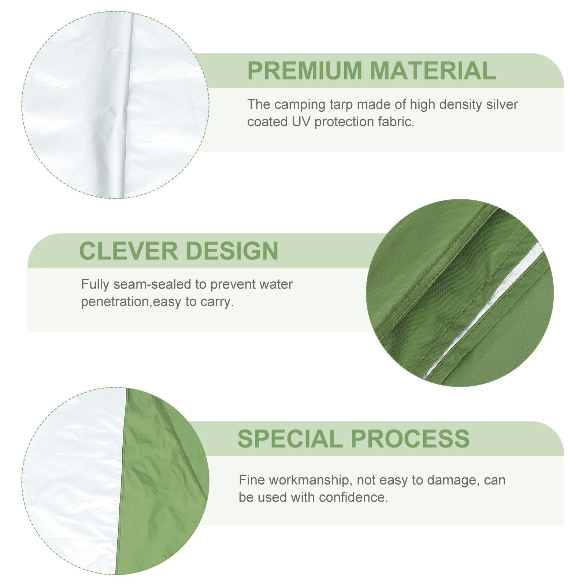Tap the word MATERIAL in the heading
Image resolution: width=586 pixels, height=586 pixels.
433,71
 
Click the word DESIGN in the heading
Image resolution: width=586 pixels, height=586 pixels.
232,251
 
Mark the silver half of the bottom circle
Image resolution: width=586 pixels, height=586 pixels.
73,480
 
